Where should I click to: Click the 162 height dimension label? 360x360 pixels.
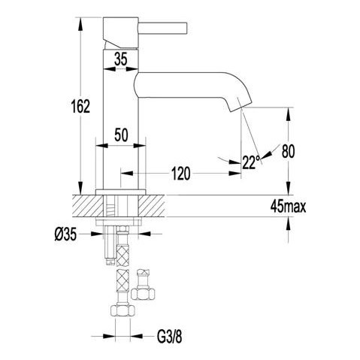pyautogui.click(x=80, y=106)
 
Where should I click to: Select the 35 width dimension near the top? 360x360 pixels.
pyautogui.click(x=121, y=59)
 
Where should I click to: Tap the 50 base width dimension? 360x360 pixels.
pyautogui.click(x=121, y=135)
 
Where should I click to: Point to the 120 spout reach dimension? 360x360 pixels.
pyautogui.click(x=180, y=174)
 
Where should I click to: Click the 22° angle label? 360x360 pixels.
pyautogui.click(x=251, y=162)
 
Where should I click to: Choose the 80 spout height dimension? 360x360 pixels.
pyautogui.click(x=288, y=151)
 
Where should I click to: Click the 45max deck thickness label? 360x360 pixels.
pyautogui.click(x=288, y=207)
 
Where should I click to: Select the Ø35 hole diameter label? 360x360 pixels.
pyautogui.click(x=65, y=234)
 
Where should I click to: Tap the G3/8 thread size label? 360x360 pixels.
pyautogui.click(x=170, y=337)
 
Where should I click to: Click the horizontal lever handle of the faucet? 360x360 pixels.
pyautogui.click(x=163, y=28)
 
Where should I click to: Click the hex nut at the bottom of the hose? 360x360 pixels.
pyautogui.click(x=123, y=311)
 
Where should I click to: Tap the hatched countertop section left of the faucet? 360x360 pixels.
pyautogui.click(x=88, y=205)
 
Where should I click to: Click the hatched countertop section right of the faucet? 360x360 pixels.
pyautogui.click(x=152, y=205)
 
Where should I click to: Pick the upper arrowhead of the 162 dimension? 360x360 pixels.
pyautogui.click(x=80, y=25)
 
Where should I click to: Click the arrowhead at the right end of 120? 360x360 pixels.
pyautogui.click(x=235, y=173)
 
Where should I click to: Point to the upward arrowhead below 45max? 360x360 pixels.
pyautogui.click(x=289, y=223)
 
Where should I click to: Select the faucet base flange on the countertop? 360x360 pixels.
pyautogui.click(x=121, y=192)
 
